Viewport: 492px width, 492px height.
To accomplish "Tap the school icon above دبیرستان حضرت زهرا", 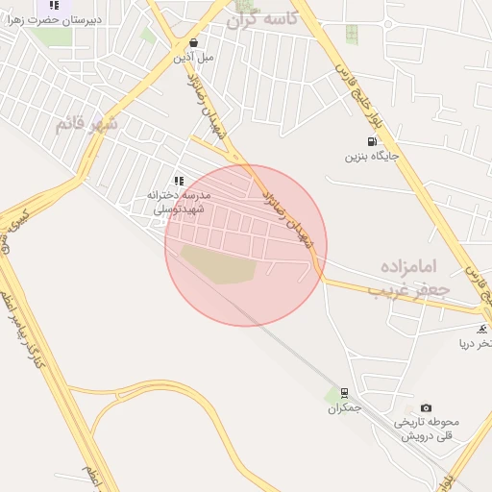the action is (x=54, y=5).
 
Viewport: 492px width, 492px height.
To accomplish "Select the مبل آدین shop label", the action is (x=193, y=58).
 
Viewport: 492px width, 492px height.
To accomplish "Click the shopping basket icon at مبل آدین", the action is (x=194, y=43).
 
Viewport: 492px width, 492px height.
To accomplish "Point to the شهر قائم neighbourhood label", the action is (x=86, y=124).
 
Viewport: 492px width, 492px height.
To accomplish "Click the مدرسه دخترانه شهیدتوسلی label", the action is (x=179, y=201).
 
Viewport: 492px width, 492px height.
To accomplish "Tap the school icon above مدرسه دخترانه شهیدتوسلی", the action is (x=179, y=181).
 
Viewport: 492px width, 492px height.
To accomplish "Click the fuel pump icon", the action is (x=371, y=141).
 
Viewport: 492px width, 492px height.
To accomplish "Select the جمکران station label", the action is (x=344, y=407).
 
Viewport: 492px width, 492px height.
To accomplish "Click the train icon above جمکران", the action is (x=344, y=393).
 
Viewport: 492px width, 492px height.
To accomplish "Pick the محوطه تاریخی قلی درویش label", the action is (x=427, y=428).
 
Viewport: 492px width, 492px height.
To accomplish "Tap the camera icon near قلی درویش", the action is (x=427, y=407).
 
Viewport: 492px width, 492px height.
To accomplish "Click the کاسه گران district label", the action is (x=261, y=18).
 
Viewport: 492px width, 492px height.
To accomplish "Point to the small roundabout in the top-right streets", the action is (x=388, y=23).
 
